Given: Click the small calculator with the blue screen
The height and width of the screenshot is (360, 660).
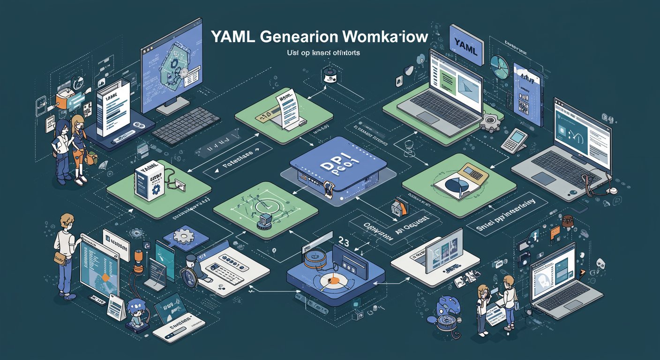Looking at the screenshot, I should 514,140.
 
